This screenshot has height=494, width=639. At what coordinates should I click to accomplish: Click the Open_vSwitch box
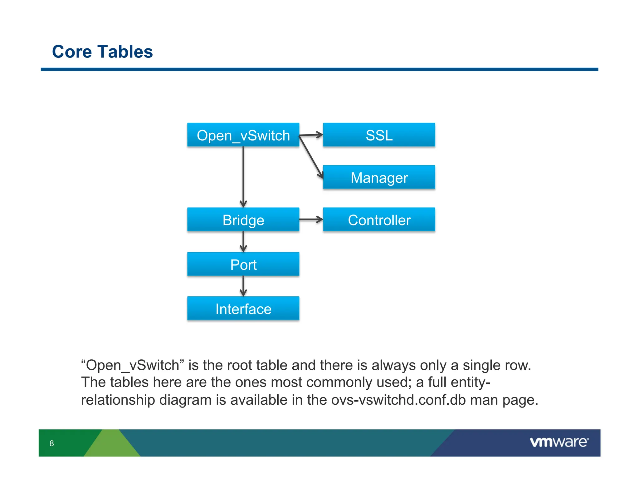[x=243, y=135]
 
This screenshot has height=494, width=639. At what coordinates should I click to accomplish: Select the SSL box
[x=379, y=135]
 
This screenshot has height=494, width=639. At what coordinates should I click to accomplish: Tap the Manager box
[x=379, y=177]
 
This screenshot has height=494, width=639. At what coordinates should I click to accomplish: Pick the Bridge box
[x=243, y=220]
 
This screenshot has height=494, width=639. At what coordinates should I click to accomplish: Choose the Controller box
[x=379, y=220]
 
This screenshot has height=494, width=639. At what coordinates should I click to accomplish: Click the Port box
[x=243, y=264]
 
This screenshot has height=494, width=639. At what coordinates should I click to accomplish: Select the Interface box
[x=243, y=309]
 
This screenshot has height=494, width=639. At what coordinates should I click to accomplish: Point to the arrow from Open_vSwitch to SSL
[x=311, y=135]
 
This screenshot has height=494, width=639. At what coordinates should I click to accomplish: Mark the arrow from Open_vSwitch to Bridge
[x=243, y=176]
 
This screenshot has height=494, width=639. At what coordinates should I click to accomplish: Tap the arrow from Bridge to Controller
[x=311, y=220]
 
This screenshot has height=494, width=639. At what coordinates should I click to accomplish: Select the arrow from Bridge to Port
[x=243, y=241]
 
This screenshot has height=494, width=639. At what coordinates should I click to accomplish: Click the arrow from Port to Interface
[x=243, y=286]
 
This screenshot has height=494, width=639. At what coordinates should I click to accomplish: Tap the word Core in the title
[x=72, y=52]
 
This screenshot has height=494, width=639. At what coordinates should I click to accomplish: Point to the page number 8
[x=52, y=443]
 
